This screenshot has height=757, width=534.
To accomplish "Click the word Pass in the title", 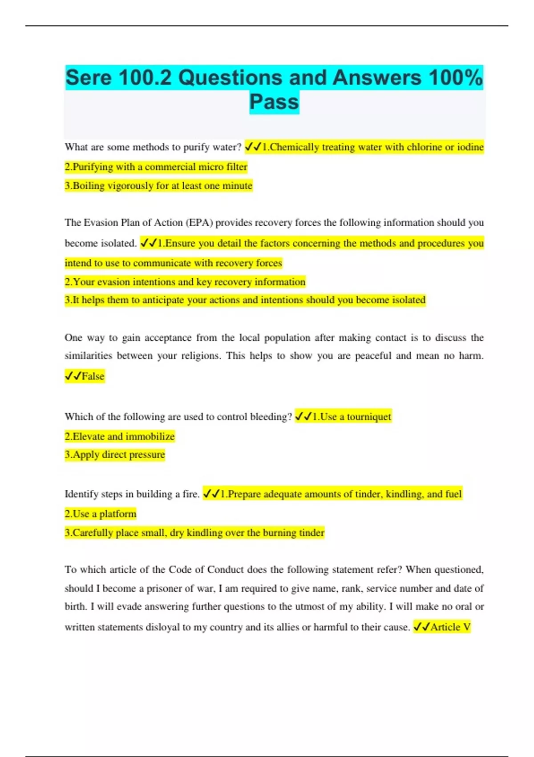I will pyautogui.click(x=274, y=102).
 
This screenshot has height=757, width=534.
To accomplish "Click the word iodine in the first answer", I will pyautogui.click(x=470, y=147).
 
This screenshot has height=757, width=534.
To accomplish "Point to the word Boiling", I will pyautogui.click(x=89, y=186).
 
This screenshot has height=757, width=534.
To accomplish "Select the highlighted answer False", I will pyautogui.click(x=93, y=376).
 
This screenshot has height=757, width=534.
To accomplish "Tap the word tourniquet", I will pyautogui.click(x=369, y=417).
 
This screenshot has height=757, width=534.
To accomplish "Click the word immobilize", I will pyautogui.click(x=150, y=436).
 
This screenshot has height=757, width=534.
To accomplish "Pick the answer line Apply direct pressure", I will pyautogui.click(x=115, y=455).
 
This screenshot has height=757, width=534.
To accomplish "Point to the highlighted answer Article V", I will pyautogui.click(x=450, y=627).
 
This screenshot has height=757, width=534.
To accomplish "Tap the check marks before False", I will pyautogui.click(x=73, y=376).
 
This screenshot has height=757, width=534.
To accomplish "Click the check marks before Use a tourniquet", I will pyautogui.click(x=303, y=417).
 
